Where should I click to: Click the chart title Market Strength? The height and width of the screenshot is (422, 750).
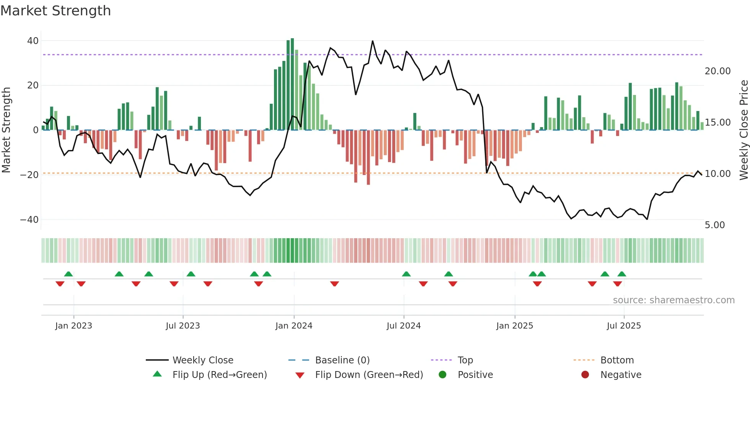click(x=55, y=11)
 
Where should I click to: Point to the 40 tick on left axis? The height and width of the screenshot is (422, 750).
click(x=33, y=41)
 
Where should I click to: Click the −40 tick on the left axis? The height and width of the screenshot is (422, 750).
click(x=29, y=220)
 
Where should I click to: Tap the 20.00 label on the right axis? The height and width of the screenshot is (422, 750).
click(x=717, y=71)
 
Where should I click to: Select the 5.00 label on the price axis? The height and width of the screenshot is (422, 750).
click(x=714, y=225)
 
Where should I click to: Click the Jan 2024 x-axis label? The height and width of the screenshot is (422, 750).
click(x=293, y=326)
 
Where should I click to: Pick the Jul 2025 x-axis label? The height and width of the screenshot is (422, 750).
click(x=623, y=326)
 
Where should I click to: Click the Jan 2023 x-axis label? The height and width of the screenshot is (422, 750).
click(x=73, y=326)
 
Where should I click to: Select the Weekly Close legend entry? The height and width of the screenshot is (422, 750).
click(x=202, y=360)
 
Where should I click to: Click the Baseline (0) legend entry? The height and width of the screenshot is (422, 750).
click(x=342, y=360)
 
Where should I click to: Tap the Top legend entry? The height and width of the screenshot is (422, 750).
click(x=465, y=360)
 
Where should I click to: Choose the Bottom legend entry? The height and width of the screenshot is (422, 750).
click(x=617, y=360)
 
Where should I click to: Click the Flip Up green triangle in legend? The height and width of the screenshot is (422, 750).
click(x=157, y=374)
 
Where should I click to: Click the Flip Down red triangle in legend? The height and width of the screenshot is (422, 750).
click(x=300, y=375)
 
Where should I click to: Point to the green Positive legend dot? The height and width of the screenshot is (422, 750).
click(x=442, y=375)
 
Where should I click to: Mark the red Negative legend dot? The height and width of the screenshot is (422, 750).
click(x=585, y=375)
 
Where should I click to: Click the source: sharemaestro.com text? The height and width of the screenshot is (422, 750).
click(x=673, y=300)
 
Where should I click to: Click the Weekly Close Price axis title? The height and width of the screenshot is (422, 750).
click(x=743, y=130)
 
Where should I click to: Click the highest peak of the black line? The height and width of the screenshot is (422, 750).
click(x=372, y=41)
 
